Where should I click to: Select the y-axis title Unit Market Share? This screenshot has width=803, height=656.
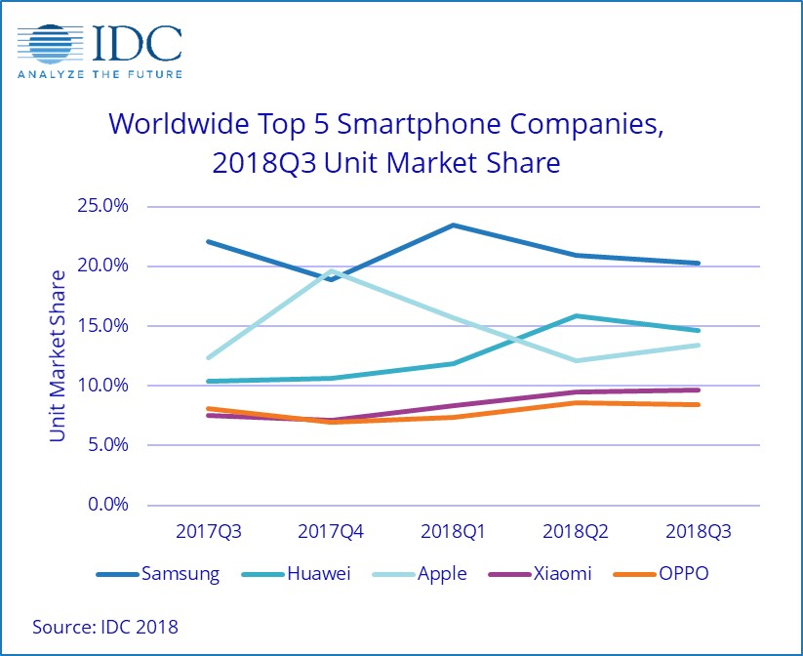[58, 355]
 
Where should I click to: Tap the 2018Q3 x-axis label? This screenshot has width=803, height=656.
[698, 533]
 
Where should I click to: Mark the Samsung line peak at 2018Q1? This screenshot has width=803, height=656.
[453, 225]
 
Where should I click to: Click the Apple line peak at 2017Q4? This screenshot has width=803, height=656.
[331, 270]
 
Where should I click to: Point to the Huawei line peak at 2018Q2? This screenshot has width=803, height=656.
[576, 315]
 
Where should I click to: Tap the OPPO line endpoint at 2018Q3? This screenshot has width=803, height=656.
[699, 404]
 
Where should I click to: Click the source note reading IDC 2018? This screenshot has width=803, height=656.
[105, 626]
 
